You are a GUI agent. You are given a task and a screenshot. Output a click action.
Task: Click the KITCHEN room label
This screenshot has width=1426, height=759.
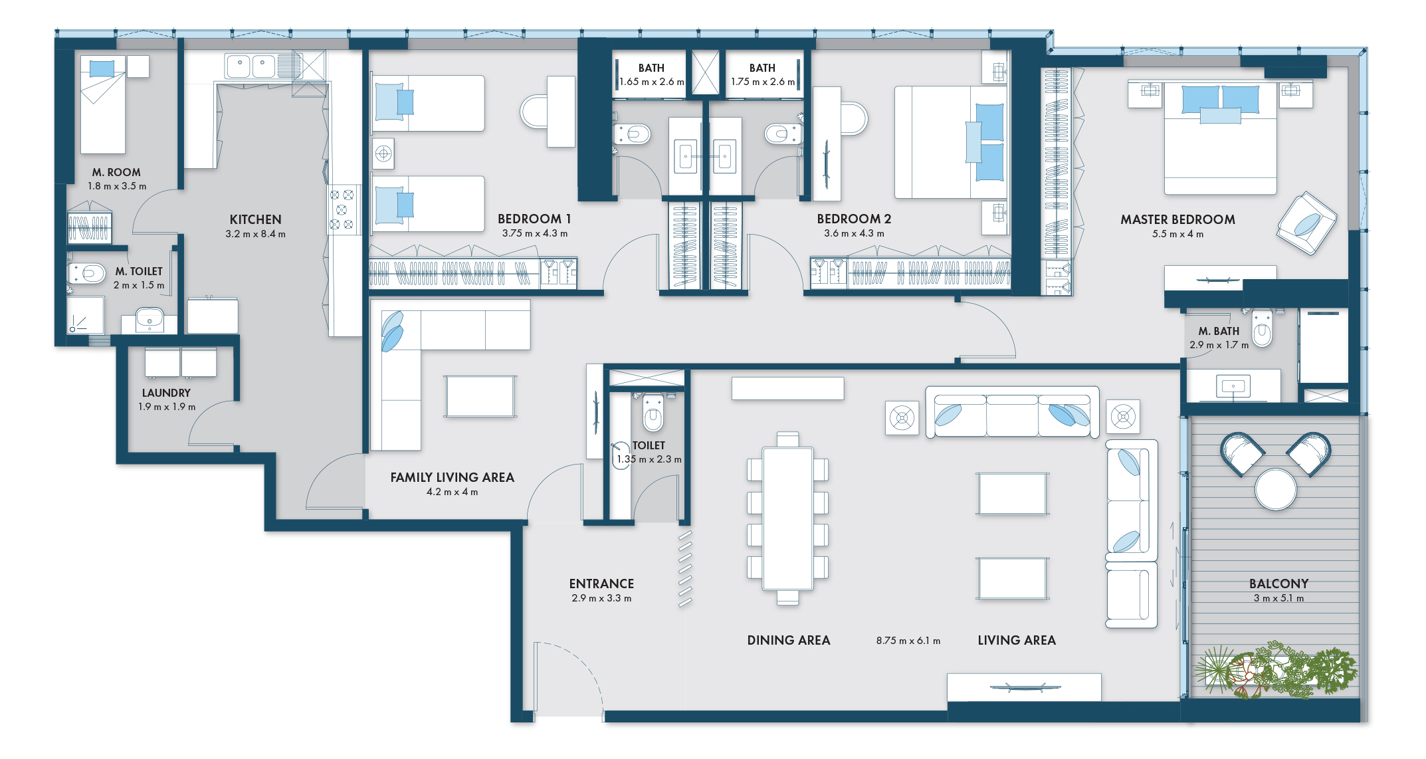click(x=255, y=219)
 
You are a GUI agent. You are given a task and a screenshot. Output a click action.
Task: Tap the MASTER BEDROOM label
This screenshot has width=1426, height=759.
click(x=1177, y=219)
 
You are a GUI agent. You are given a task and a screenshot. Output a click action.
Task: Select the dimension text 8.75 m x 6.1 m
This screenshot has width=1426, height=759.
click(x=908, y=641)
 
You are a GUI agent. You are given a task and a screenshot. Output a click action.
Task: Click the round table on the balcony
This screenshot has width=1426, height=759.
click(x=1275, y=489)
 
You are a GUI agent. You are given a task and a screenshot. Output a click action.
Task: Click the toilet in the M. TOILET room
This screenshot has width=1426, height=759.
click(x=86, y=274)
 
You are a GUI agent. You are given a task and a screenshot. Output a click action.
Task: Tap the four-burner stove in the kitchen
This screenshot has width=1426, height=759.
click(x=342, y=209)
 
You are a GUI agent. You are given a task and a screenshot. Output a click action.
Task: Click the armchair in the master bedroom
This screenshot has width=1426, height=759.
click(x=1306, y=223)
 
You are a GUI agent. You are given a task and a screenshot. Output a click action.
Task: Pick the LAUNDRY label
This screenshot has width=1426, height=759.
click(x=166, y=393)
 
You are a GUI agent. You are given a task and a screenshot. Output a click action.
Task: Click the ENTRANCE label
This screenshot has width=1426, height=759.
click(x=601, y=584)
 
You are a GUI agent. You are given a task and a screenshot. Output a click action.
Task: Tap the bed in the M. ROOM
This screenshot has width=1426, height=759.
click(x=103, y=104)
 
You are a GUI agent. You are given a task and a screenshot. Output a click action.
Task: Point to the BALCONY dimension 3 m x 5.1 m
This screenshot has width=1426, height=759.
click(x=1278, y=598)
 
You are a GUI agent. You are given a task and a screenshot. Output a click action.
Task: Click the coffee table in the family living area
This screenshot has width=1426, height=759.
click(x=480, y=396)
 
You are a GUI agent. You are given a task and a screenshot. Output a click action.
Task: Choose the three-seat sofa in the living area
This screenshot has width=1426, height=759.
click(x=1012, y=411)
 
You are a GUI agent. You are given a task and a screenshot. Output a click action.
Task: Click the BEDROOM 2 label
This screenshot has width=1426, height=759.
click(x=854, y=219)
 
